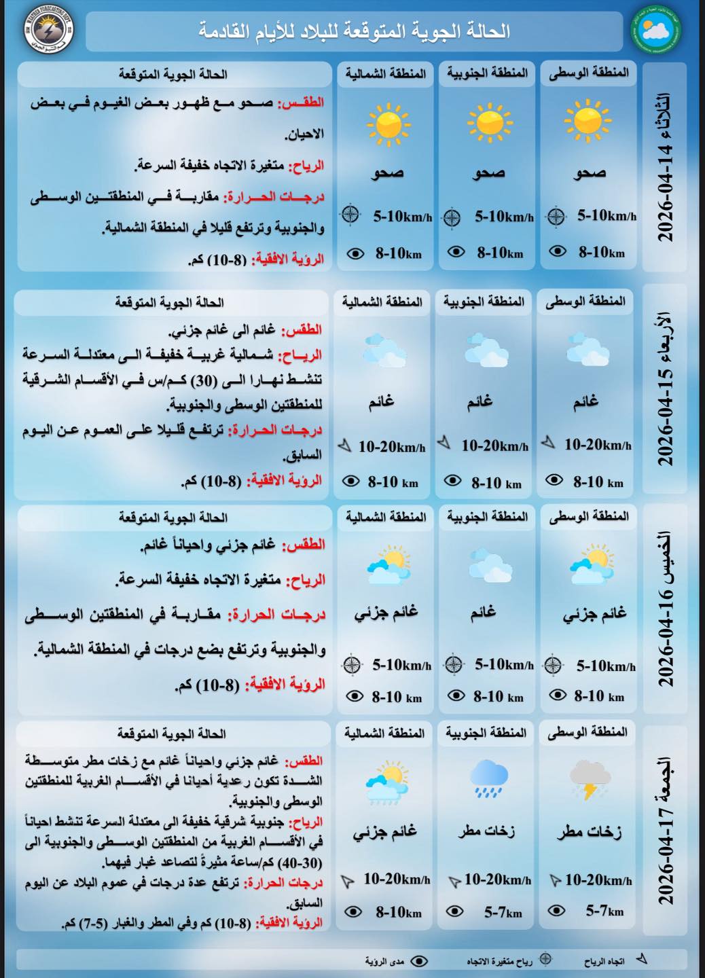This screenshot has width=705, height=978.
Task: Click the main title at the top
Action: coord(354,31)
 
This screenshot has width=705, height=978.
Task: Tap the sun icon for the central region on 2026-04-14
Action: coord(587,122)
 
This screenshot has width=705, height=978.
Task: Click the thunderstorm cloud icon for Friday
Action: coord(587,779)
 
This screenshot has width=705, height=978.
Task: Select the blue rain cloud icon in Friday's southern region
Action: coord(488,778)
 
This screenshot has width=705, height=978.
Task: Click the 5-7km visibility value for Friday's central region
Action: coord(604,911)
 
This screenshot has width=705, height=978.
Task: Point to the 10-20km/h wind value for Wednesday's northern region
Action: coord(392,447)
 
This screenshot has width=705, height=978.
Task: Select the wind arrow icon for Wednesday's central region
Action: coord(548,443)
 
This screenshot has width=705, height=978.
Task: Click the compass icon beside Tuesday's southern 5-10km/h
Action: coord(452,217)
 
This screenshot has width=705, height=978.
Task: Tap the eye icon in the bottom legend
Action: coord(420,960)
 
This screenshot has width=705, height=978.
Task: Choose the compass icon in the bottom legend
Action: coord(545,960)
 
